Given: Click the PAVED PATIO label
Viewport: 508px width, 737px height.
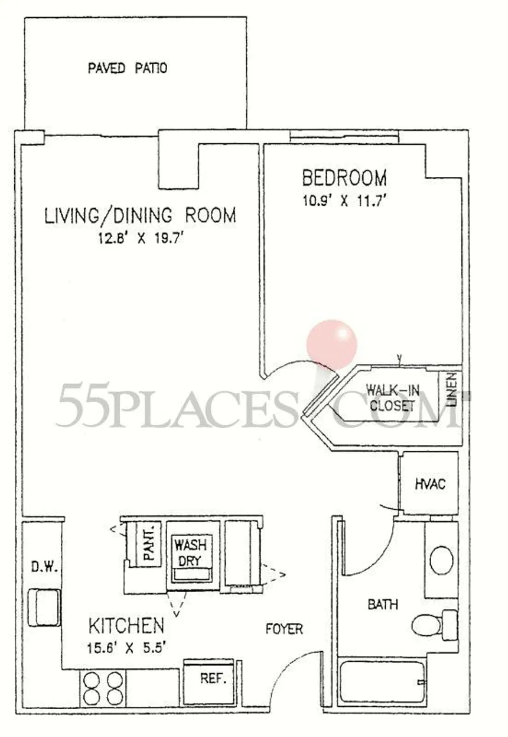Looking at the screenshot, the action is [x=128, y=68].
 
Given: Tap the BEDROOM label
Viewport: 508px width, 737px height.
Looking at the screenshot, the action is [x=344, y=177].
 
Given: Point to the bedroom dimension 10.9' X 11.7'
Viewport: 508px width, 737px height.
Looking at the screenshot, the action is [x=343, y=201].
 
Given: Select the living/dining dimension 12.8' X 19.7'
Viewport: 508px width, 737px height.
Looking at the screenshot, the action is [x=141, y=238].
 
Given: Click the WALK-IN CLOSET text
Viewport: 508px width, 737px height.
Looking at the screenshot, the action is [x=393, y=398].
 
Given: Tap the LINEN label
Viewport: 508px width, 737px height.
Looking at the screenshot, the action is [x=452, y=390].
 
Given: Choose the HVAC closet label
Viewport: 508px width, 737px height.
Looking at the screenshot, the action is [x=430, y=484].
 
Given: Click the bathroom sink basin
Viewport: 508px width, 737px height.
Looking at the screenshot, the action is [x=441, y=560].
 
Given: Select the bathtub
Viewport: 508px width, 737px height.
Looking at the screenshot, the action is [x=382, y=682].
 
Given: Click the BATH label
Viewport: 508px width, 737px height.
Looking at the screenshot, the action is [x=383, y=605].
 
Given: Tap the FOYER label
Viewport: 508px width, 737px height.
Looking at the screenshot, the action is [x=284, y=629].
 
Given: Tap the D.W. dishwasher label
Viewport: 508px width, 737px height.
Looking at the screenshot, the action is [x=44, y=567].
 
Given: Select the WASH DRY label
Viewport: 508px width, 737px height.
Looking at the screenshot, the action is [x=191, y=553].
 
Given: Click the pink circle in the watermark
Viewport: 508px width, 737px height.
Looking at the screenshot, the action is [x=332, y=344].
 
